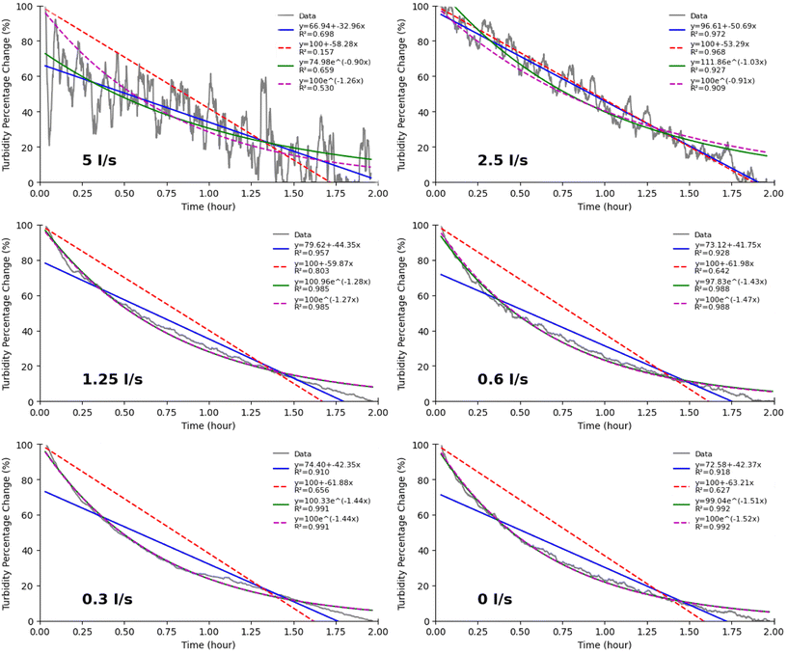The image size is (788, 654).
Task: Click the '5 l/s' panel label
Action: click(x=99, y=160)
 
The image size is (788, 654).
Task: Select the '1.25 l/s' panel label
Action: click(x=112, y=379)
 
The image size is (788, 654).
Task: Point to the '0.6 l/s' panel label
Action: click(x=503, y=379)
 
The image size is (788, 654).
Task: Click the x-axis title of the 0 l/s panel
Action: click(x=604, y=644)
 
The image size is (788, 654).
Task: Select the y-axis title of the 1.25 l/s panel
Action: click(x=9, y=313)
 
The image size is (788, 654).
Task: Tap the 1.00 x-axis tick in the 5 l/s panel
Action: click(x=208, y=194)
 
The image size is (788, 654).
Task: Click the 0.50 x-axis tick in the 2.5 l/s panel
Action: click(x=520, y=194)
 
